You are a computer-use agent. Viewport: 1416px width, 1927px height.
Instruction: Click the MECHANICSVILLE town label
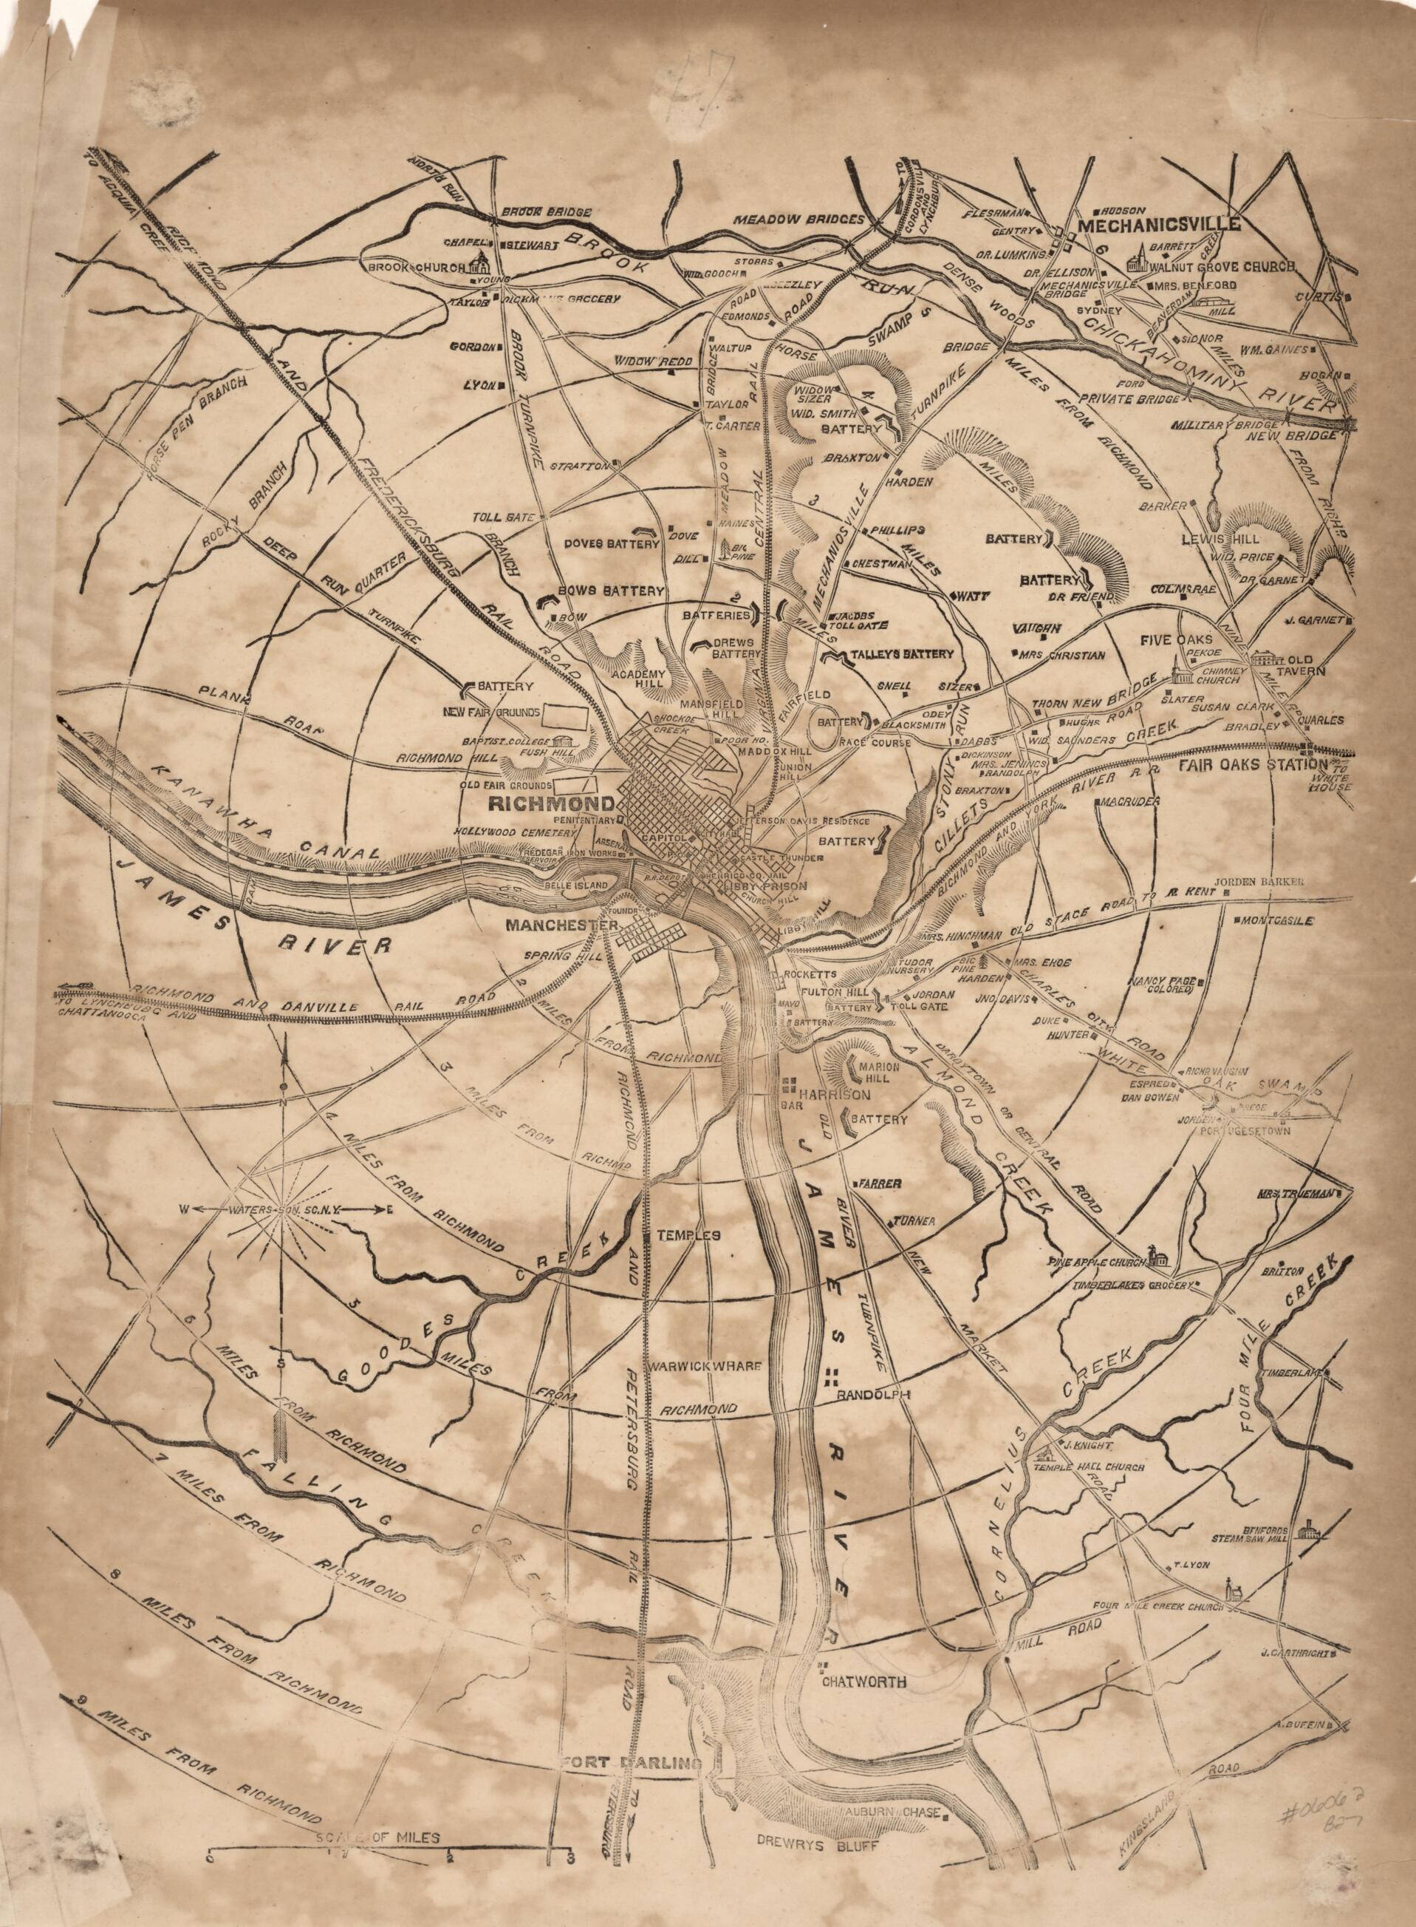tap(1160, 224)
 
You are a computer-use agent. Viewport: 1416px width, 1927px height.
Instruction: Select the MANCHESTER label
tap(561, 925)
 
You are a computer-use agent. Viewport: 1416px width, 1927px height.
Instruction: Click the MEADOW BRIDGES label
tap(798, 220)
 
